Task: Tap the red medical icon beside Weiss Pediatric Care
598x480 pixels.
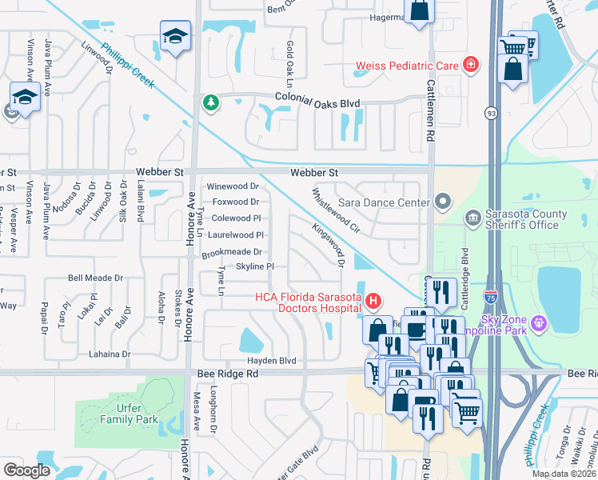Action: pyautogui.click(x=471, y=64)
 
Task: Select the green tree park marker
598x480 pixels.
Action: pyautogui.click(x=210, y=102)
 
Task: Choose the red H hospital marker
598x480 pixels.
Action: pyautogui.click(x=373, y=302)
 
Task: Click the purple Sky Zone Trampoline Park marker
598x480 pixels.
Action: pyautogui.click(x=540, y=322)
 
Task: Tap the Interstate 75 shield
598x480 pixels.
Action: pyautogui.click(x=491, y=297)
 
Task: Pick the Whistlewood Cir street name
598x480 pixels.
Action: pyautogui.click(x=336, y=210)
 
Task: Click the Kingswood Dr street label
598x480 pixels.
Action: pyautogui.click(x=329, y=246)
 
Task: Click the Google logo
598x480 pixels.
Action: pyautogui.click(x=26, y=470)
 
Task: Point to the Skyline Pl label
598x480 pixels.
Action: pyautogui.click(x=255, y=266)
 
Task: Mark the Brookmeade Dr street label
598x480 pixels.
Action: pyautogui.click(x=232, y=252)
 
